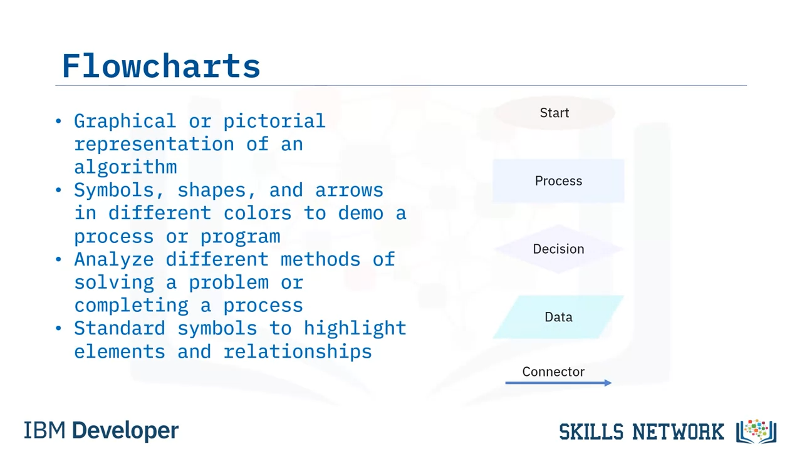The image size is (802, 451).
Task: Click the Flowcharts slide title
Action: tap(161, 66)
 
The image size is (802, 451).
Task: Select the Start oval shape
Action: tap(555, 113)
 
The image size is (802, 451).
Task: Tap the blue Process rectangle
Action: tap(558, 181)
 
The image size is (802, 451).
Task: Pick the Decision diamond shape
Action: tap(558, 249)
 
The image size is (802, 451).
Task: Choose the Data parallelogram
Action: tap(558, 317)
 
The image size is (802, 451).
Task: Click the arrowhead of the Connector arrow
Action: tap(608, 383)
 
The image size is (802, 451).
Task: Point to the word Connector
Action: tap(553, 371)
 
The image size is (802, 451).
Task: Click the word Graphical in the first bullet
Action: tap(125, 122)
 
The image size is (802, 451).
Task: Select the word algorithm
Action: tap(125, 167)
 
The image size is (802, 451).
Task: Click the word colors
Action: tap(258, 213)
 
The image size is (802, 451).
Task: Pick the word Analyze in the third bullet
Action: tap(114, 259)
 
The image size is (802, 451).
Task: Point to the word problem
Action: tap(229, 283)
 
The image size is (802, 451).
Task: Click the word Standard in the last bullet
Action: tap(120, 328)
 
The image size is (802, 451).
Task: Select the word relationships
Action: tap(298, 351)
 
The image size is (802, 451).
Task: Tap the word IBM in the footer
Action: tap(44, 430)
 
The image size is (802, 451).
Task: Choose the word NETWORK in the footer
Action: tap(678, 432)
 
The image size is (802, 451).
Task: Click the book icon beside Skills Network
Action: tap(756, 432)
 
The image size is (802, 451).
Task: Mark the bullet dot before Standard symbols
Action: tap(58, 328)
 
